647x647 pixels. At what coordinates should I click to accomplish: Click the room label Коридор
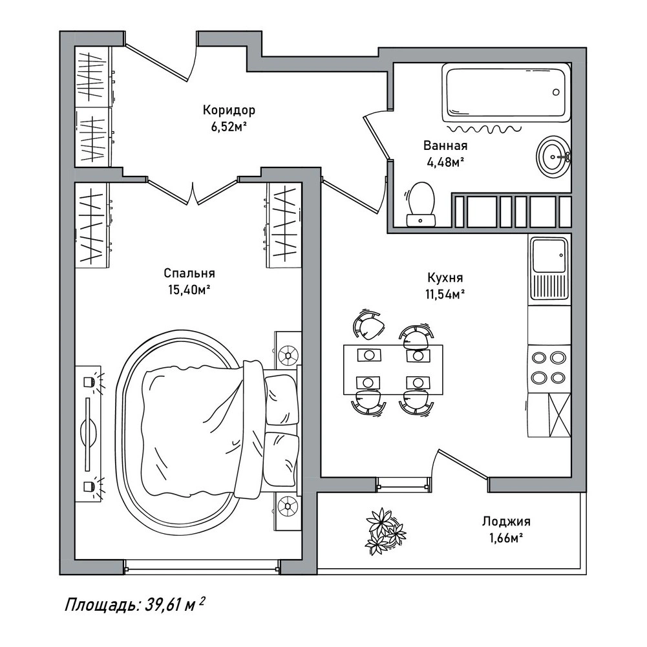pos(229,110)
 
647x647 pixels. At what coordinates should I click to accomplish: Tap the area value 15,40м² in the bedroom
pos(189,290)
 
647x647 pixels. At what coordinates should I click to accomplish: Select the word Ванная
pos(445,145)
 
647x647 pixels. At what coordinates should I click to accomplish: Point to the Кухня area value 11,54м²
pos(445,294)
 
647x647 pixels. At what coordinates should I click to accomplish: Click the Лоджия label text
pos(506,522)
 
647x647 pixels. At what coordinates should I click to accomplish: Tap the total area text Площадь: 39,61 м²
pos(135,606)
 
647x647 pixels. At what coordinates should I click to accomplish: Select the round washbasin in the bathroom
pos(554,156)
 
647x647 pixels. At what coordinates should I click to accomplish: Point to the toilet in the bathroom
pos(421,204)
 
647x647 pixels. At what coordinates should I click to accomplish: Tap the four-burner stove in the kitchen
pos(549,367)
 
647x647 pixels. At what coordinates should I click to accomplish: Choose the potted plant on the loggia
pos(385,531)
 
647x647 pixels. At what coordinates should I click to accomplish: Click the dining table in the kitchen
pos(393,370)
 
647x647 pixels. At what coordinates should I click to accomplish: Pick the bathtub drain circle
pos(556,92)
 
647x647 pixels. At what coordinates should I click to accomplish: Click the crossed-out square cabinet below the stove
pos(560,415)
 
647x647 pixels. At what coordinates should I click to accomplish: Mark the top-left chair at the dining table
pos(369,324)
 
